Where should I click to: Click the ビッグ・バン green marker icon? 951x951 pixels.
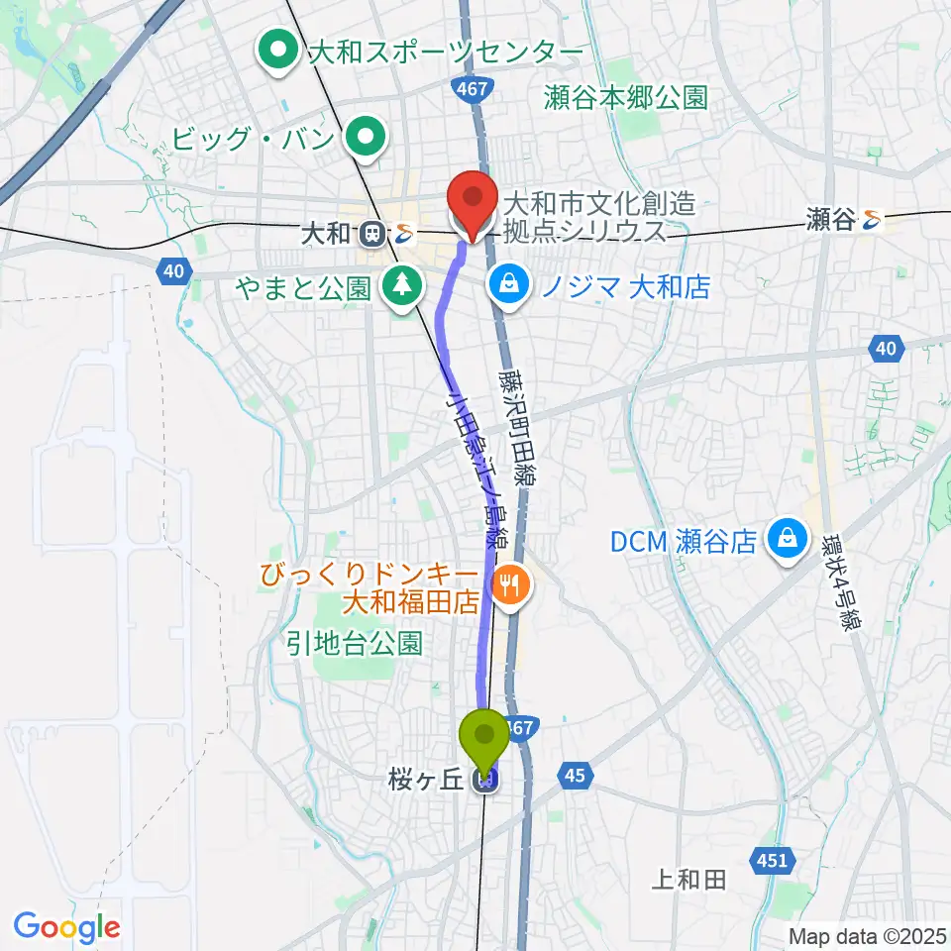pyautogui.click(x=367, y=137)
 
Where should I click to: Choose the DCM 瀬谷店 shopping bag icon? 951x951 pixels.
pyautogui.click(x=788, y=541)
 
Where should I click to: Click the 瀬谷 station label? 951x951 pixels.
pyautogui.click(x=829, y=219)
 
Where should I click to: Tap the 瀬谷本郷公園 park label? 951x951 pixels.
pyautogui.click(x=625, y=97)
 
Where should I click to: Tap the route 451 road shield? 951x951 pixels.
pyautogui.click(x=773, y=861)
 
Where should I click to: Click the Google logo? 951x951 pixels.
pyautogui.click(x=66, y=928)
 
